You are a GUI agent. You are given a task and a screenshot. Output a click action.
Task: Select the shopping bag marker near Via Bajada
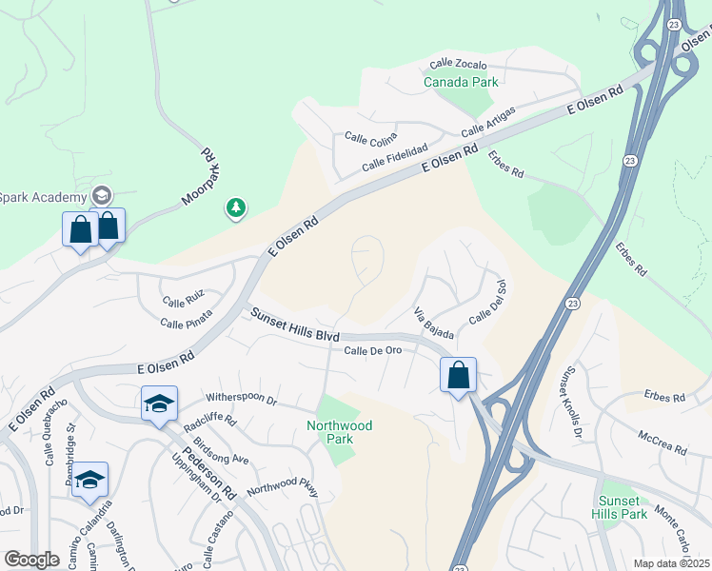(459, 374)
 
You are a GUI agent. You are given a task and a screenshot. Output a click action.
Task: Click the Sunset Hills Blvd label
(295, 324)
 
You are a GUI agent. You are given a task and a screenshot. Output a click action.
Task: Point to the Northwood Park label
(339, 432)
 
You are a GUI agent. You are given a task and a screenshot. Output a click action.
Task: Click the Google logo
(31, 560)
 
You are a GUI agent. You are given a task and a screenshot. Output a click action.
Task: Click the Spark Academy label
(43, 197)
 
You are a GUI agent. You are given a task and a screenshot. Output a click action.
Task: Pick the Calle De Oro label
(372, 350)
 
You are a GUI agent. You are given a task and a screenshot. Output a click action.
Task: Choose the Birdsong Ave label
(221, 446)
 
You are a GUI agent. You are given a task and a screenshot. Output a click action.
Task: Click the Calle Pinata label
(186, 324)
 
